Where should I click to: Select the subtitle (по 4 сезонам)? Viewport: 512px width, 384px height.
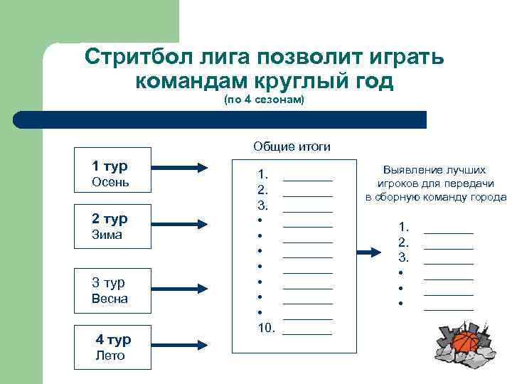tap(264, 100)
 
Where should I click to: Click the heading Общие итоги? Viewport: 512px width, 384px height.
tap(292, 146)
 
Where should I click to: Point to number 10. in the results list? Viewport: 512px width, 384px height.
tap(266, 328)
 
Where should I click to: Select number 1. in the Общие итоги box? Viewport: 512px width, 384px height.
tap(263, 174)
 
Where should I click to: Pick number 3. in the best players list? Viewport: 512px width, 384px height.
tap(404, 257)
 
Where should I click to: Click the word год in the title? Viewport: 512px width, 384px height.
tap(370, 82)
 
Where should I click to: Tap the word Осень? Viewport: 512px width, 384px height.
tap(110, 182)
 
